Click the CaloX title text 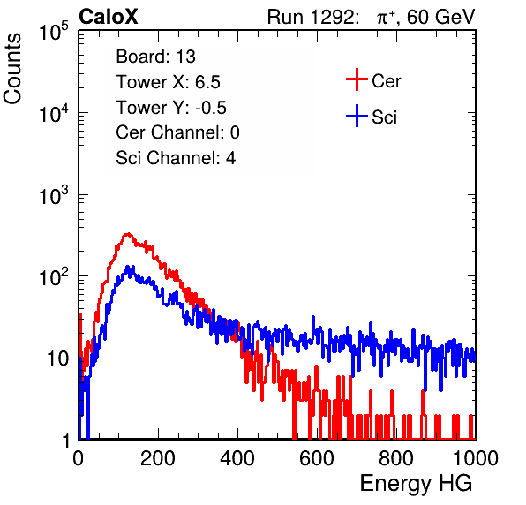click(109, 17)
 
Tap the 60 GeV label click(440, 17)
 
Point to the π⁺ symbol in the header click(386, 18)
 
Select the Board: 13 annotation click(155, 57)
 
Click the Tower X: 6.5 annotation click(168, 82)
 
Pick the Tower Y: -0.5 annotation click(171, 108)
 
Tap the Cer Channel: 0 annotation click(177, 132)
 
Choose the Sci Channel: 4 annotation click(176, 157)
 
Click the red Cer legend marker click(357, 79)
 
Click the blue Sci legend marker click(357, 116)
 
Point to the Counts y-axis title click(12, 69)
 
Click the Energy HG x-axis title click(416, 483)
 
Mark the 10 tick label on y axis click(57, 358)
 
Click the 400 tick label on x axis click(237, 458)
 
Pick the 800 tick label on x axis click(396, 458)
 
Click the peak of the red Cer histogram click(127, 234)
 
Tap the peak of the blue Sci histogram click(128, 267)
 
